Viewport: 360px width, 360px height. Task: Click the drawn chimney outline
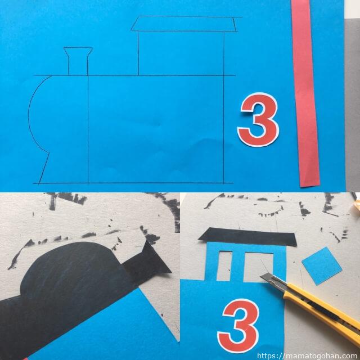78,61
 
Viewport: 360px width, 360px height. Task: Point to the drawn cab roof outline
184,24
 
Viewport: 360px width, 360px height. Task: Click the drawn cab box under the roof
181,53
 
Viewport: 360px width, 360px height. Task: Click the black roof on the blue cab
248,237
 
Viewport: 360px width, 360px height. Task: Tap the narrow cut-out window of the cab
224,266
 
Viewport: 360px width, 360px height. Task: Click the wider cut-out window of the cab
258,267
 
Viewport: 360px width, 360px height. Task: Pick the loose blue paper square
322,266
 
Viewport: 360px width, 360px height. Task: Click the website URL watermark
308,356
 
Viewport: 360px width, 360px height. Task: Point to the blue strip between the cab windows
238,266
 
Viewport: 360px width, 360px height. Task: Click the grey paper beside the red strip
353,103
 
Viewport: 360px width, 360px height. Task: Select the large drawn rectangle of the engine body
156,129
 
